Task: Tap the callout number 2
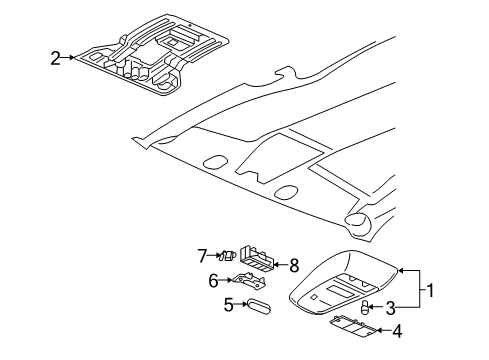tap(56, 58)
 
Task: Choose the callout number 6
tap(213, 281)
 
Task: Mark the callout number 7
tap(201, 255)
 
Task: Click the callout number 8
tap(294, 265)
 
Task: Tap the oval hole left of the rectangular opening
tap(213, 163)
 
